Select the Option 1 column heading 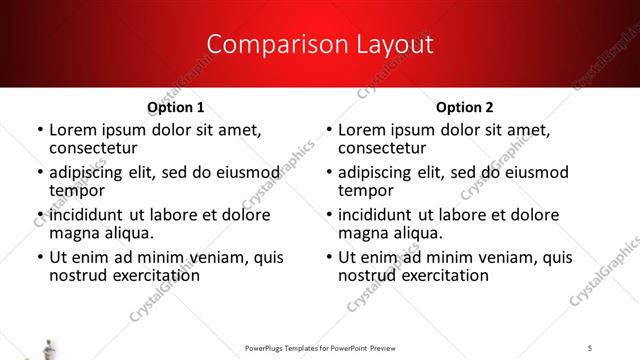176,107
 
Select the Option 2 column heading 465,107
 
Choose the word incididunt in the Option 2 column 378,215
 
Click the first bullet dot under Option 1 39,130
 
